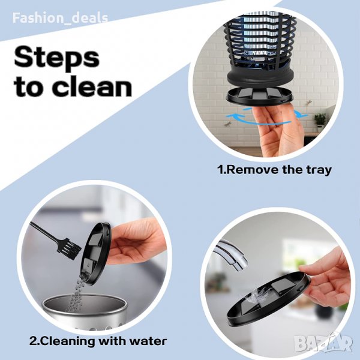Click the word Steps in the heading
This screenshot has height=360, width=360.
[57, 58]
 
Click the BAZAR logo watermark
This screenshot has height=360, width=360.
[323, 344]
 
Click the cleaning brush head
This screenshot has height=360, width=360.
[71, 250]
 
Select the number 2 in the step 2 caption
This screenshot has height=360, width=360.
[32, 341]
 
